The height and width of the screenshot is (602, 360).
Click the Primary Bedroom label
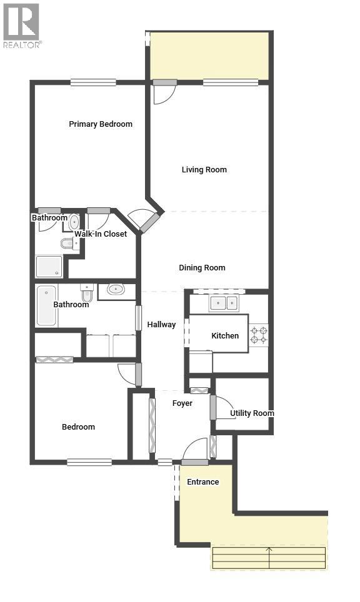pyautogui.click(x=101, y=124)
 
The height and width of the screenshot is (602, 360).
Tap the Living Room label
pyautogui.click(x=204, y=170)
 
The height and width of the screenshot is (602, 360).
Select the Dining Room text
pyautogui.click(x=202, y=268)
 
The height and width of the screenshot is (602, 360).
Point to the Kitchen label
pyautogui.click(x=225, y=336)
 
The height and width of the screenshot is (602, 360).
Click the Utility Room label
pyautogui.click(x=252, y=413)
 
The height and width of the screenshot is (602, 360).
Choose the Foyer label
pyautogui.click(x=182, y=403)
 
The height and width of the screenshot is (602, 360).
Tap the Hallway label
pyautogui.click(x=161, y=325)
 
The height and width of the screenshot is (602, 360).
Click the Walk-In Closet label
pyautogui.click(x=101, y=234)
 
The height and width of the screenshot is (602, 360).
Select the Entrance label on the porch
pyautogui.click(x=203, y=482)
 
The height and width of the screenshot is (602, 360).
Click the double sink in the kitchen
pyautogui.click(x=224, y=303)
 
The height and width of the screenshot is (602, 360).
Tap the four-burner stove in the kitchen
pyautogui.click(x=259, y=335)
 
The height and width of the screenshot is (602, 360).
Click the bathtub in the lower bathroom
pyautogui.click(x=47, y=306)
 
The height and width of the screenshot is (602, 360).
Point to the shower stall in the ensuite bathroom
pyautogui.click(x=49, y=267)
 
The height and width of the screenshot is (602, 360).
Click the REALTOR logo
pyautogui.click(x=21, y=26)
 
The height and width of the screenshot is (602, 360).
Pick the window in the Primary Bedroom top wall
pyautogui.click(x=93, y=82)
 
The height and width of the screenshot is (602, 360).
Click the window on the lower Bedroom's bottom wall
pyautogui.click(x=89, y=462)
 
